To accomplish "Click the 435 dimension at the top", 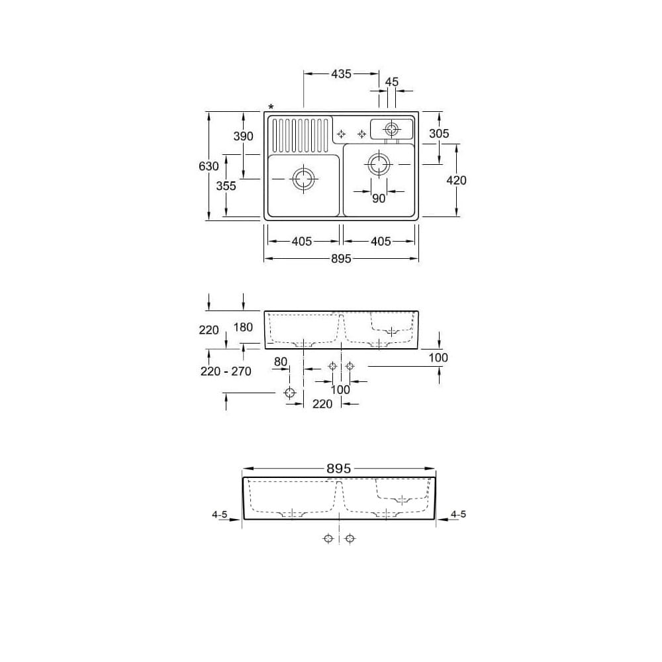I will point(341,74).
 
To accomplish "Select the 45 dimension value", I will point(391,82).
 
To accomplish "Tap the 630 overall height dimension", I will point(209,166).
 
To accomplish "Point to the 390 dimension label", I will point(243,136).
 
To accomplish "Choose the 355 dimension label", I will point(226,186).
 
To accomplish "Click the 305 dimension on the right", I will point(438,134).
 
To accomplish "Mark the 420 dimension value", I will point(456,180).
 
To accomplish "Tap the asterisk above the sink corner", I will point(270,108).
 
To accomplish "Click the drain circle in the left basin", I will point(303,179).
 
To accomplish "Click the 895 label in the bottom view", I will point(338,468).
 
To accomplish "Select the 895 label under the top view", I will point(340,259).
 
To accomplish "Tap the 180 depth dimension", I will point(243,328).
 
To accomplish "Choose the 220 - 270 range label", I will point(226,371).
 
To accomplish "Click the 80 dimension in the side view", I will point(281,362).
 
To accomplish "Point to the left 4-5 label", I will point(220,514).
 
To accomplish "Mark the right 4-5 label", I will point(458,514).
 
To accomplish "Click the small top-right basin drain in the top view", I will point(391,128).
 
